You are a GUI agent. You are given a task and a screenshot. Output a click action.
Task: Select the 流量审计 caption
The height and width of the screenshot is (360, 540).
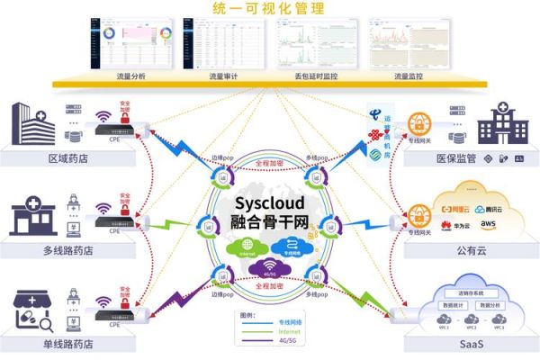pyautogui.click(x=220, y=76)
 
